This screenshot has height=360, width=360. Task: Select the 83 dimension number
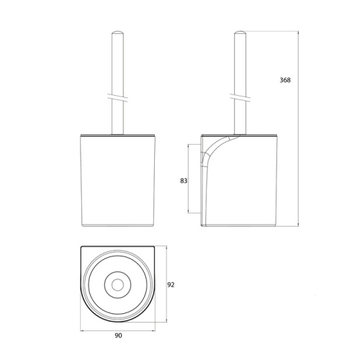pos(183,181)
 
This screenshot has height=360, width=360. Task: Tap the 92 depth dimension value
pos(171,284)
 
